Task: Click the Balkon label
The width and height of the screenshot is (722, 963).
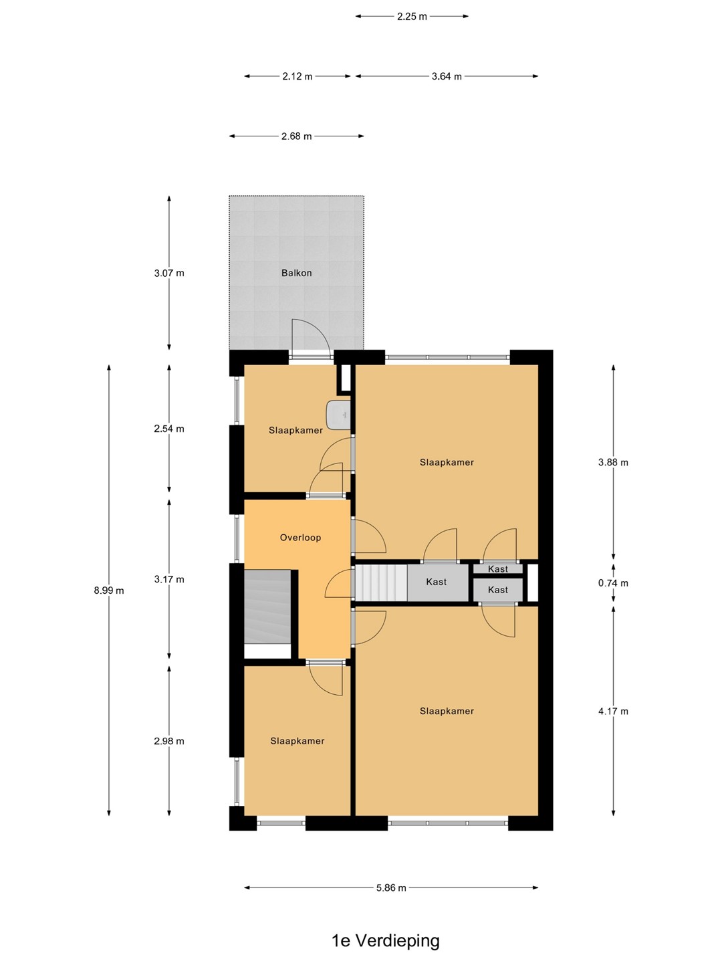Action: tap(296, 273)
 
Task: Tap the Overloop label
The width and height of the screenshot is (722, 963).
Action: tap(300, 538)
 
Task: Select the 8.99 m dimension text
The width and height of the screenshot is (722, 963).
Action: tap(109, 591)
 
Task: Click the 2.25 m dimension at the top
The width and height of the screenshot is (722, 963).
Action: tap(412, 17)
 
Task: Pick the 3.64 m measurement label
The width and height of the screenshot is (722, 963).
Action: tap(447, 76)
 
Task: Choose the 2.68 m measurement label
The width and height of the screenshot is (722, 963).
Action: tap(296, 136)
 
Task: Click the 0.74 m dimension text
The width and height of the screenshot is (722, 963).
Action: tap(613, 583)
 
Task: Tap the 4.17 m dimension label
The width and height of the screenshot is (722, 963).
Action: tap(613, 711)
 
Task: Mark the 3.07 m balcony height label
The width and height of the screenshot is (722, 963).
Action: tap(168, 274)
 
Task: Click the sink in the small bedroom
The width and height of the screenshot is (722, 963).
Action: tap(338, 414)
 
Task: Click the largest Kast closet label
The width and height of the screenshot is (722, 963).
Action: tap(436, 582)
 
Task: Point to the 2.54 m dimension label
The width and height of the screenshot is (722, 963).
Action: tap(168, 429)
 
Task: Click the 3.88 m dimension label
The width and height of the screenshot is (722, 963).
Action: tap(613, 462)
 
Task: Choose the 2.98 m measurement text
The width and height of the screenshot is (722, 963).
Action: tap(168, 741)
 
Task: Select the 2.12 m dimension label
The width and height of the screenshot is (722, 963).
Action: tap(297, 76)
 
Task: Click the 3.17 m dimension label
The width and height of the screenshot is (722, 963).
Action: tap(168, 580)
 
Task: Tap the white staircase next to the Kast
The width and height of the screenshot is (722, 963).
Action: tap(381, 583)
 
